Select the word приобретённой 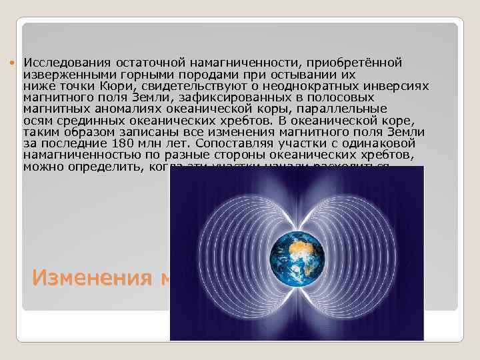357,63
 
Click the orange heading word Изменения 93,277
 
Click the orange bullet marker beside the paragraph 15,62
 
